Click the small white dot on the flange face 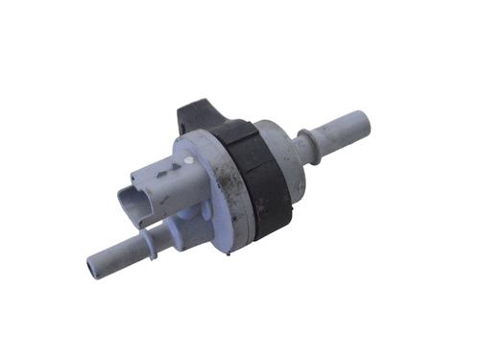pos(190,159)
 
